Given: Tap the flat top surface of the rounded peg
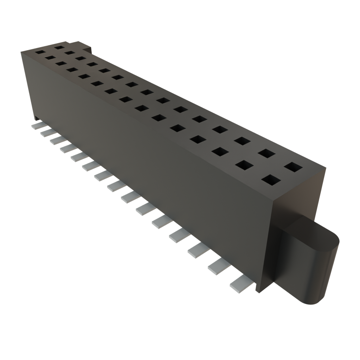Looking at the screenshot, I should (x=313, y=232).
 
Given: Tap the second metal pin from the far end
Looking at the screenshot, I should (x=45, y=133).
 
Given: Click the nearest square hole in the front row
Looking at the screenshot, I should (x=271, y=180).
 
